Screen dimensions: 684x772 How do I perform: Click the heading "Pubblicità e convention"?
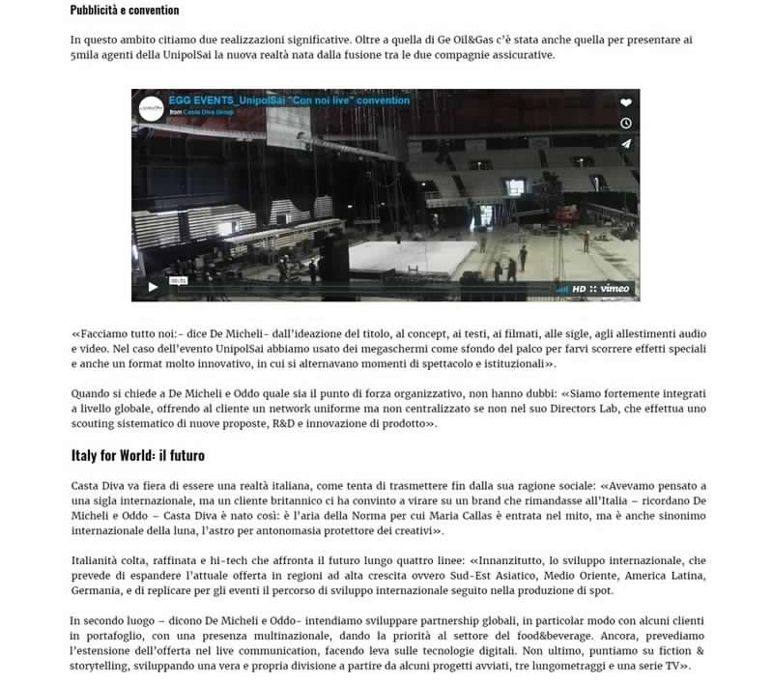(x=125, y=10)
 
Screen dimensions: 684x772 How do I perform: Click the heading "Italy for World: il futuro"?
(x=137, y=455)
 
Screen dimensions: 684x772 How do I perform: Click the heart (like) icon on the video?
(x=626, y=103)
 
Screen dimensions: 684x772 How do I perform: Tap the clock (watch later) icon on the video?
(x=626, y=124)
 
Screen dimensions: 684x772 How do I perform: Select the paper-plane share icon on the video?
(x=626, y=144)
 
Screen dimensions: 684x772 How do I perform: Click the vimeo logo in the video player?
(x=615, y=288)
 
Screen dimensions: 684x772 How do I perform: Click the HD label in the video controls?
(x=579, y=288)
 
